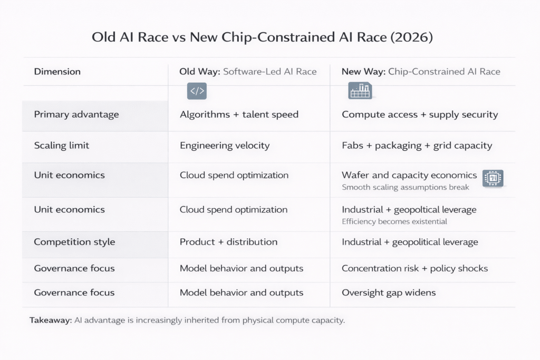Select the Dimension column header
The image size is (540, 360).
pos(57,72)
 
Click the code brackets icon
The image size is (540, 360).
pos(197,91)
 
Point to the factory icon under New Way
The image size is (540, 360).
pos(360,91)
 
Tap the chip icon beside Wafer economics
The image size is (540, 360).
pos(493,178)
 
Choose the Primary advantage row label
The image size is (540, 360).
pos(76,114)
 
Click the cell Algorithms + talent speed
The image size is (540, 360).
pos(239,114)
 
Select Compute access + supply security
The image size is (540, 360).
pos(419,114)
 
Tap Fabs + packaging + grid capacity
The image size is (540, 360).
pos(417,145)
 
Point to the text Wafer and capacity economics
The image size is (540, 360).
pos(409,175)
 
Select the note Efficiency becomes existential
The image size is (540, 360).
pos(394,221)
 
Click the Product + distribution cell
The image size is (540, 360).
pos(228,242)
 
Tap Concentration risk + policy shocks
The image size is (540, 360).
pos(415,268)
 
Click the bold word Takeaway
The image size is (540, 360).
pos(50,320)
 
